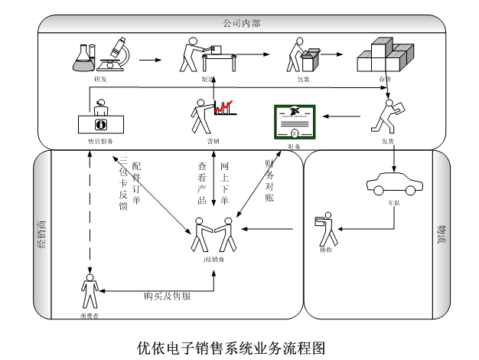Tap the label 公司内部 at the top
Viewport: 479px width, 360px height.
point(241,24)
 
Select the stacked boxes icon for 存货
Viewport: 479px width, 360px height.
point(386,57)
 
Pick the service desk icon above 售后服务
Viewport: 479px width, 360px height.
point(99,119)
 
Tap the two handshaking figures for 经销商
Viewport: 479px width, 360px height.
point(213,236)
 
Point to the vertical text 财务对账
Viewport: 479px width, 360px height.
point(269,180)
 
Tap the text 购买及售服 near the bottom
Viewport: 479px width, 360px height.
point(167,296)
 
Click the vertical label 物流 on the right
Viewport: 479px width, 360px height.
point(442,234)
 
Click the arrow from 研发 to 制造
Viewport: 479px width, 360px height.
point(151,58)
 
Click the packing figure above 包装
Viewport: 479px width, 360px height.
point(300,55)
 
